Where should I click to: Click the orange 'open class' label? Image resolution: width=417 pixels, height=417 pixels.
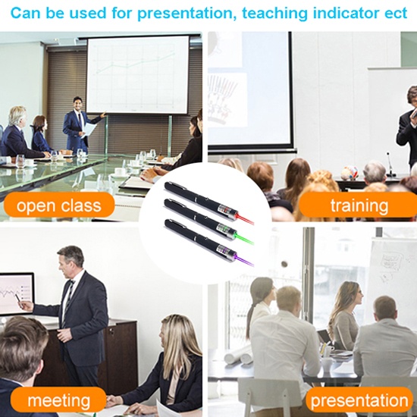point(59,205)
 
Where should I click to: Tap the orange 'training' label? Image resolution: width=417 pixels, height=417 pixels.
point(359,205)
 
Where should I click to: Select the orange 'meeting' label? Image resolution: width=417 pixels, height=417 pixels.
point(59,400)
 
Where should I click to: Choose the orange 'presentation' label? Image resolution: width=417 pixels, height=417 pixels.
point(359,400)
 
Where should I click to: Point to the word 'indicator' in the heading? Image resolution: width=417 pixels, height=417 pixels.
point(346,13)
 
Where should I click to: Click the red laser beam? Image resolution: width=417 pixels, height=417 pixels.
point(245,219)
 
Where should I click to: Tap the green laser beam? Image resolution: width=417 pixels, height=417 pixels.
point(244,239)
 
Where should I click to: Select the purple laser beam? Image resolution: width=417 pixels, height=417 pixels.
point(244,260)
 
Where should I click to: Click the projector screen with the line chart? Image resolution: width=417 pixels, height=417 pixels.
point(137,75)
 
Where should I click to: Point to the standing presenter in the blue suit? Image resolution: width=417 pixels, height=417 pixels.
point(79,125)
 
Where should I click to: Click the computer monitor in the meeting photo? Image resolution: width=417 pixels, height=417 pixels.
point(17,294)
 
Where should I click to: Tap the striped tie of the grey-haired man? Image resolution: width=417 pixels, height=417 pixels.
point(67,303)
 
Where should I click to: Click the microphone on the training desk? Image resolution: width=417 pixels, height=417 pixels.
point(390,165)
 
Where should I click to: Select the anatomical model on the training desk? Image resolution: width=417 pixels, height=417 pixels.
point(349,173)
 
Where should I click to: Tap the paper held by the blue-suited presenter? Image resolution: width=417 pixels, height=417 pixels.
point(89,130)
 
